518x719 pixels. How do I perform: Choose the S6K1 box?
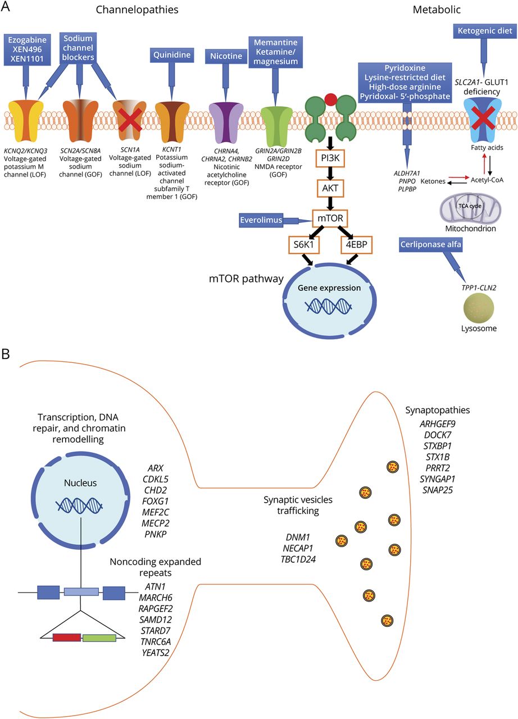tap(306, 246)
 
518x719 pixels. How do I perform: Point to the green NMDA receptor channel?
tap(275, 107)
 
